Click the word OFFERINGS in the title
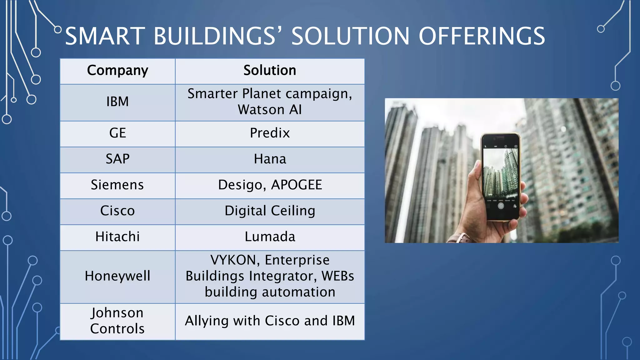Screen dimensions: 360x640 click(482, 36)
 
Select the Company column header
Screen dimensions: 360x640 click(117, 71)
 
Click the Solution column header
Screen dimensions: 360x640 click(270, 71)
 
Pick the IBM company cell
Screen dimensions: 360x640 click(117, 102)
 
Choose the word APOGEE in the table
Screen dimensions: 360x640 click(296, 185)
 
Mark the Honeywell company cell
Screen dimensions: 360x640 click(117, 277)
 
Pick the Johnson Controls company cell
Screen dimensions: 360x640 click(117, 321)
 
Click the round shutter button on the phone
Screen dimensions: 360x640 click(501, 206)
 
